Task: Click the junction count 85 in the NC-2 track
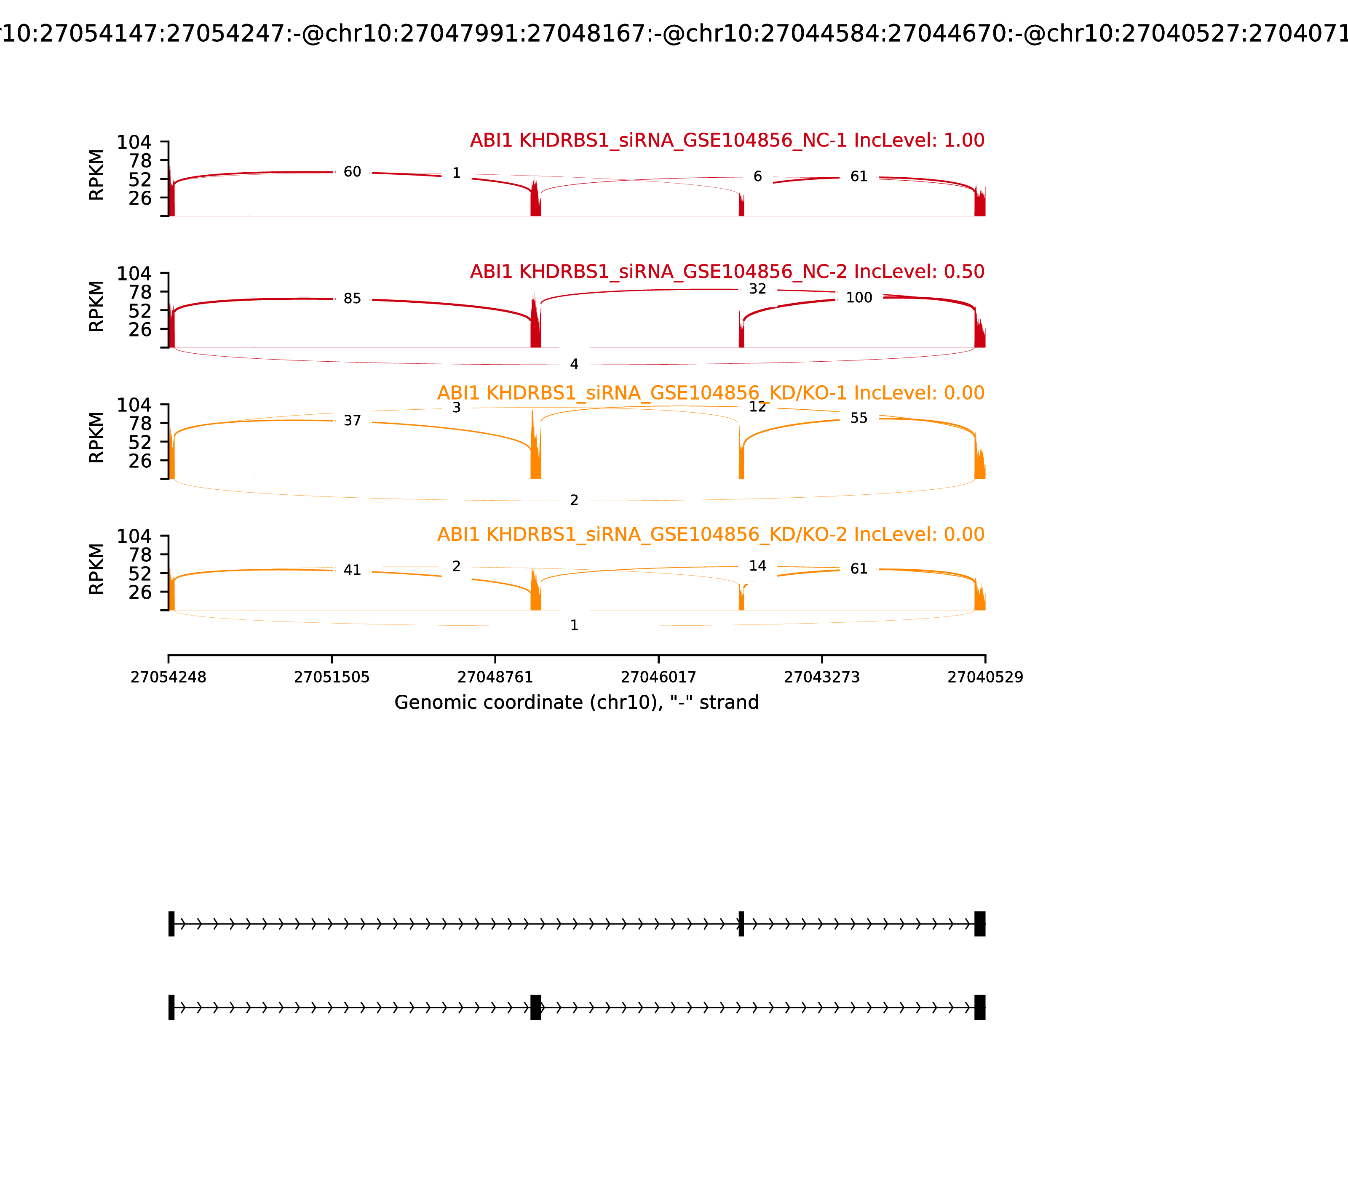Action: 352,299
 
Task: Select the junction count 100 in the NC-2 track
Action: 859,298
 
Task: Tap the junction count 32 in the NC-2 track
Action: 757,289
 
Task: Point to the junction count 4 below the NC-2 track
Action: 574,364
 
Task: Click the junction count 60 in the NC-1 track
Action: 352,172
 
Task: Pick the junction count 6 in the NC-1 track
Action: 757,176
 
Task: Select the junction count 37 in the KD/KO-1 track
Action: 352,420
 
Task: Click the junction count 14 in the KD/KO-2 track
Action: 757,566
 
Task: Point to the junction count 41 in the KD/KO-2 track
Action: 352,570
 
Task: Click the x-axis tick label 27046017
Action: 658,677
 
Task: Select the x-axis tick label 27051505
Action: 332,677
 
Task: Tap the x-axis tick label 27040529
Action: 985,677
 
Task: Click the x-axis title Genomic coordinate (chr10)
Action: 577,703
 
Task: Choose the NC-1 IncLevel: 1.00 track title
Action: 727,140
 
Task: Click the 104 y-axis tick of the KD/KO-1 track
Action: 134,405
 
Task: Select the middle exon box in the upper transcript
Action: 741,924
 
